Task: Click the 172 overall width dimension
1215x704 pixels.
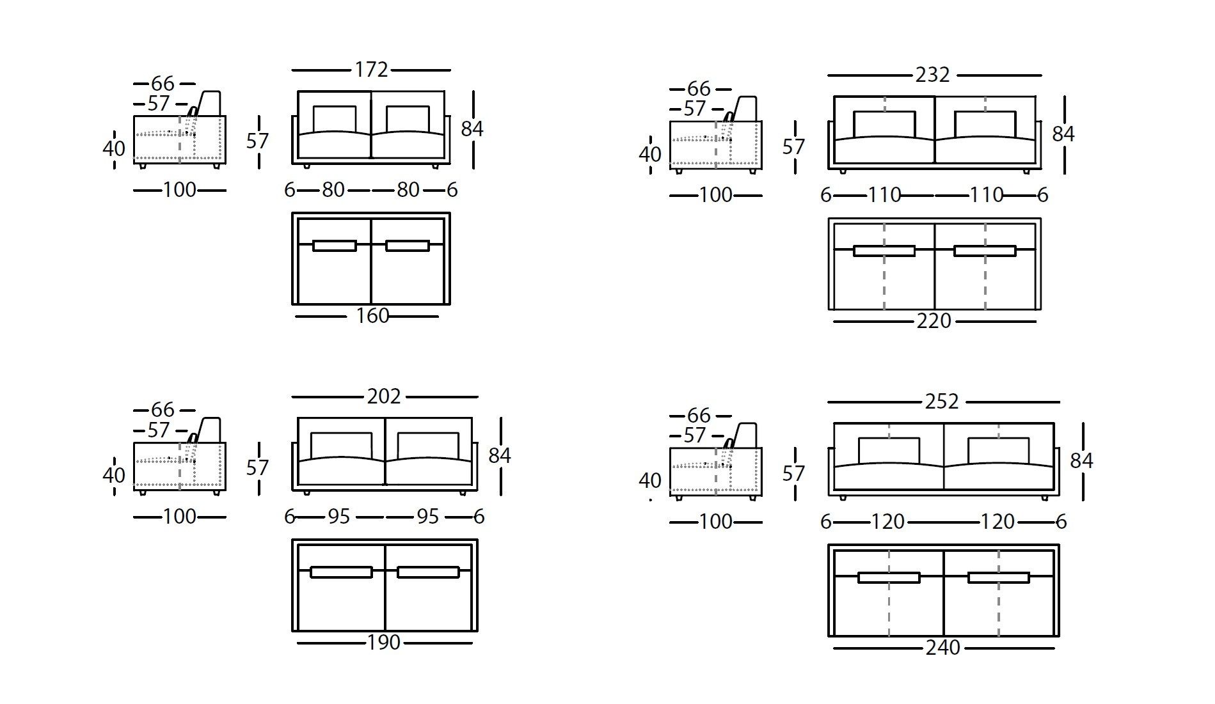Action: pyautogui.click(x=371, y=70)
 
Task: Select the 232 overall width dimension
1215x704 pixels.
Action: pyautogui.click(x=932, y=75)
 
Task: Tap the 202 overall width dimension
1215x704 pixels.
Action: pyautogui.click(x=384, y=396)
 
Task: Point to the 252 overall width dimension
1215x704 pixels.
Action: pyautogui.click(x=942, y=402)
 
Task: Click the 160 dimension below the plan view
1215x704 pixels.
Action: pyautogui.click(x=372, y=316)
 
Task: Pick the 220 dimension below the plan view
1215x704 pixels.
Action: pyautogui.click(x=933, y=321)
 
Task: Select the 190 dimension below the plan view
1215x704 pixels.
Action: pyautogui.click(x=384, y=643)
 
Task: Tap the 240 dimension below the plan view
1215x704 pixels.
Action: pyautogui.click(x=942, y=648)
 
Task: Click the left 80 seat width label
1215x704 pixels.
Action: pyautogui.click(x=333, y=190)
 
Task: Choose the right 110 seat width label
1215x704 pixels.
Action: pyautogui.click(x=986, y=195)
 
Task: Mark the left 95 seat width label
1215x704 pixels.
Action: pyautogui.click(x=339, y=517)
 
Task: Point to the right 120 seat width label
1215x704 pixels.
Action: pyautogui.click(x=997, y=522)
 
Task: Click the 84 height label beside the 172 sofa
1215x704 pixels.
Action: pyautogui.click(x=472, y=129)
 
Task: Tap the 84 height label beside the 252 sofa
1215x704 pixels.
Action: pyautogui.click(x=1081, y=460)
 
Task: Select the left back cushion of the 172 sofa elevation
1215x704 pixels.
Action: pyautogui.click(x=334, y=119)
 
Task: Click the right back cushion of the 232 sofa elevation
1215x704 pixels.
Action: pyautogui.click(x=985, y=124)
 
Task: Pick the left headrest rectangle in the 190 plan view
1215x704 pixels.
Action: pyautogui.click(x=341, y=572)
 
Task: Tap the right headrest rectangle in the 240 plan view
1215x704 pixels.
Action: pyautogui.click(x=998, y=577)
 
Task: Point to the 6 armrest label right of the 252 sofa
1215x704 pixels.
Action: pyautogui.click(x=1061, y=522)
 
